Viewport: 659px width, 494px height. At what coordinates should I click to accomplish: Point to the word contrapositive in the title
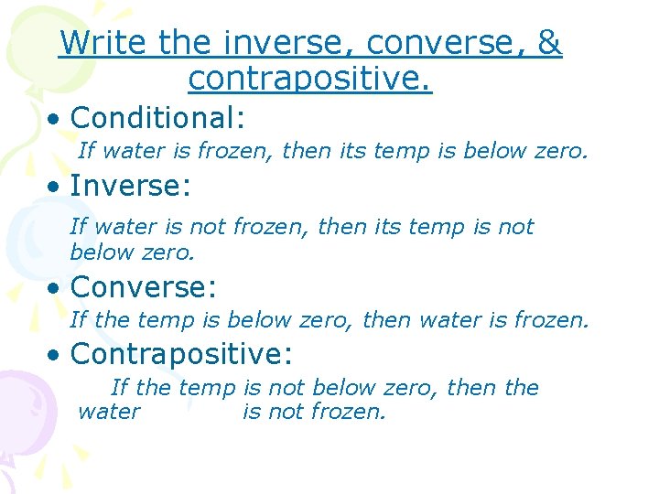(x=309, y=79)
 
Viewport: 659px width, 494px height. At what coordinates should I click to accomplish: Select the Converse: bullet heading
(x=143, y=287)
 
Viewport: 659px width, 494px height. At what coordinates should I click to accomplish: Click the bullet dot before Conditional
(x=57, y=119)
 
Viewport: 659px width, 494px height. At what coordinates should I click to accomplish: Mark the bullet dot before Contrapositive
(x=57, y=354)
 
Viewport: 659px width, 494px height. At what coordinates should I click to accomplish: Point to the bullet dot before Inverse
(x=57, y=188)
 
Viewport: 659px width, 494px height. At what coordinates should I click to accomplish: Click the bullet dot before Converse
(x=57, y=288)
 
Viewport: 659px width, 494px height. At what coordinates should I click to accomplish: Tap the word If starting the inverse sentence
(x=78, y=227)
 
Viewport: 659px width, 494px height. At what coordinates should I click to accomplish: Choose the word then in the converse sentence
(x=385, y=320)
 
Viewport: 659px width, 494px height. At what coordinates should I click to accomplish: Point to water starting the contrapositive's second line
(x=109, y=412)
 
